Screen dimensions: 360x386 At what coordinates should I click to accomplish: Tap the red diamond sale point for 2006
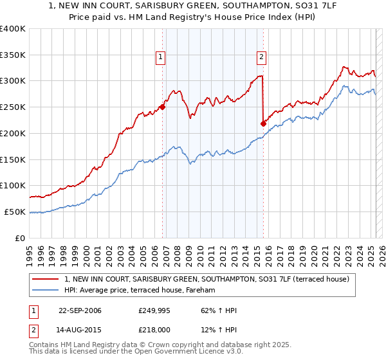pos(162,107)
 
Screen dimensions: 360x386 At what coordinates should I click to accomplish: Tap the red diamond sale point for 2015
pos(263,123)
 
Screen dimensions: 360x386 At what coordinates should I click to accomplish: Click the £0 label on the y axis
pos(21,238)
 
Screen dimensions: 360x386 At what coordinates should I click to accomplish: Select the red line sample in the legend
pos(46,279)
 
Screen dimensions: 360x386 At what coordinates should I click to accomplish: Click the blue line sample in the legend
pos(46,291)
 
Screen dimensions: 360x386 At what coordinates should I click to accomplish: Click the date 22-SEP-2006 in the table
pos(80,311)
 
